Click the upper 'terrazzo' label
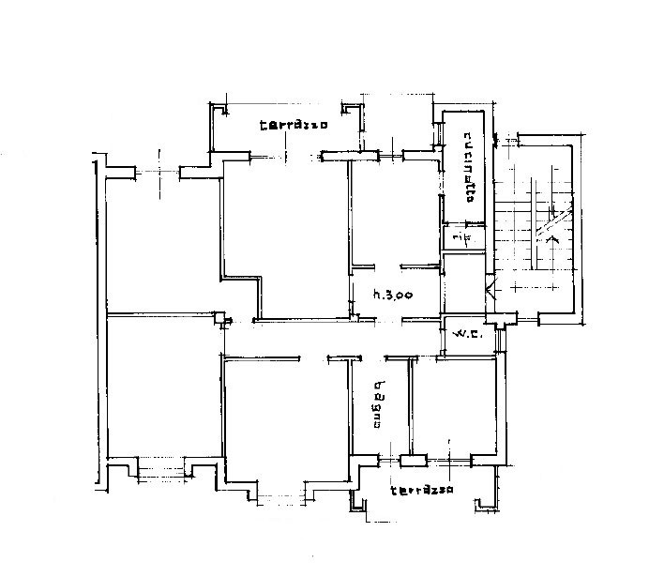[294, 125]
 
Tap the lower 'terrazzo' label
[422, 491]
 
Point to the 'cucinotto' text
[469, 167]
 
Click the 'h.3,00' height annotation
[393, 296]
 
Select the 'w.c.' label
[468, 333]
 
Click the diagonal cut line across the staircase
[553, 221]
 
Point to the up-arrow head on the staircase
[552, 238]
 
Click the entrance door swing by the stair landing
[490, 289]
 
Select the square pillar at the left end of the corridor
[219, 318]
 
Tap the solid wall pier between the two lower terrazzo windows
[413, 461]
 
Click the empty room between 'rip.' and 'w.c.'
[463, 283]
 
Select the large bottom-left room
[165, 387]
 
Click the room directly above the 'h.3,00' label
[394, 213]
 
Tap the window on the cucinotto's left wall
[438, 133]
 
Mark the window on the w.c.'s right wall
[501, 341]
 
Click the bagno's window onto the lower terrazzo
[390, 460]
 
